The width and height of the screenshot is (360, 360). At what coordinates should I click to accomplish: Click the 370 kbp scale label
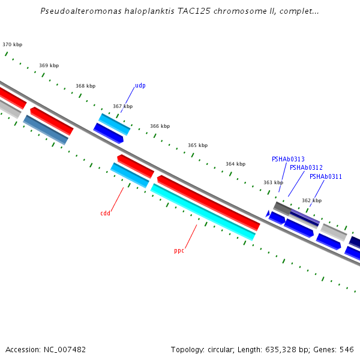(x=12, y=44)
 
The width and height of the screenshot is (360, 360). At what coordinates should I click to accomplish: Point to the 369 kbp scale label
(x=49, y=65)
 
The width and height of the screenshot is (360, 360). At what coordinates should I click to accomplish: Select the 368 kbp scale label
(x=85, y=86)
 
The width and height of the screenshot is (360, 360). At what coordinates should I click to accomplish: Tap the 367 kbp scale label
(x=122, y=106)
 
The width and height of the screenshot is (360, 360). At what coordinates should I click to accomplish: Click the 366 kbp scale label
(x=160, y=126)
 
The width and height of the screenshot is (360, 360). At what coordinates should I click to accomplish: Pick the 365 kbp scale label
(x=197, y=145)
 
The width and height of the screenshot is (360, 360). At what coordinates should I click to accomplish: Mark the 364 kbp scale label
(x=235, y=164)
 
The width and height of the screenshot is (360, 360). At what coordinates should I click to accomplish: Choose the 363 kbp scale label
(x=273, y=182)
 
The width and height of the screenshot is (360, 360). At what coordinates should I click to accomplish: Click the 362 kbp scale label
(x=311, y=200)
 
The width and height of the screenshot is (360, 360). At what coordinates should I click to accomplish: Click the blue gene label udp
(x=140, y=85)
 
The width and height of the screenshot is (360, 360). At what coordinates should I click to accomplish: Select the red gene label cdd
(x=105, y=213)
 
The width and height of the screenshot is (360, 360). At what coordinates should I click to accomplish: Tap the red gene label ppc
(x=179, y=250)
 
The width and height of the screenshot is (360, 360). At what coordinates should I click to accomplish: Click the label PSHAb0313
(x=288, y=159)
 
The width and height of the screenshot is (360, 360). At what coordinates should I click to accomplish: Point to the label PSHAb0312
(x=306, y=167)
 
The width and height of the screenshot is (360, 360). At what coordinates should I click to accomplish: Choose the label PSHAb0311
(x=326, y=176)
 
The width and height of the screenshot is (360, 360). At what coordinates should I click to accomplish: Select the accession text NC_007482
(x=62, y=349)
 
